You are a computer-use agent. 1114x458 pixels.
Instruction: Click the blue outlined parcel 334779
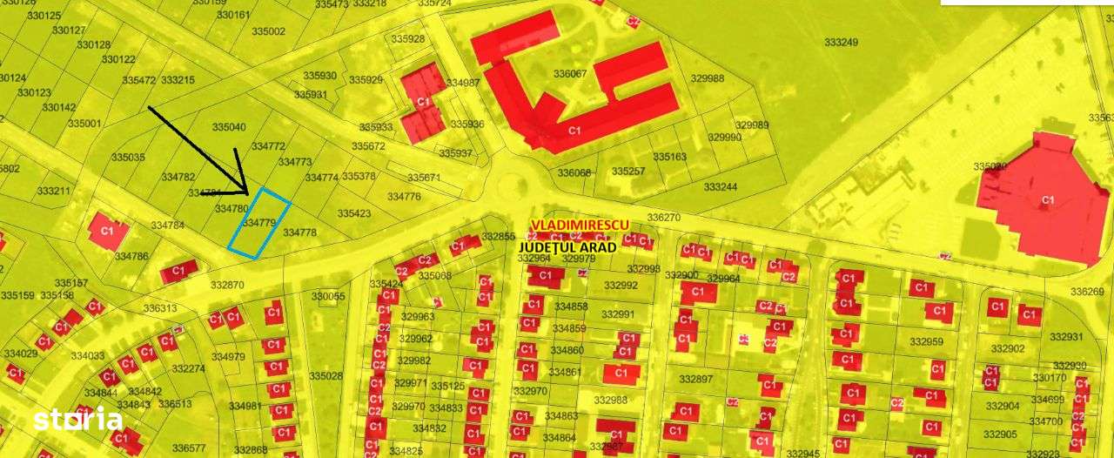(x=259, y=223)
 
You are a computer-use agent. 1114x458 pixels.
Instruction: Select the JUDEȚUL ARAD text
(x=567, y=246)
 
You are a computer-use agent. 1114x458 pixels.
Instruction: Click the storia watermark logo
(x=78, y=421)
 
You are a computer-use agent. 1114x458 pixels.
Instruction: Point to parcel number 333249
(x=841, y=42)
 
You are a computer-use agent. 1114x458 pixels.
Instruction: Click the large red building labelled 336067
(x=570, y=74)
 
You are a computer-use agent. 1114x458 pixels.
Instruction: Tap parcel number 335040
(x=229, y=127)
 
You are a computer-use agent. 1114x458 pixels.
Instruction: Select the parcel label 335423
(x=354, y=213)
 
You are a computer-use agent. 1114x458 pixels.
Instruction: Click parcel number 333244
(x=721, y=187)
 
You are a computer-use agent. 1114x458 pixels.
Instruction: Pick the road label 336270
(x=665, y=217)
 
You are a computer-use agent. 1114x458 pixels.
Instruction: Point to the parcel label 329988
(x=707, y=78)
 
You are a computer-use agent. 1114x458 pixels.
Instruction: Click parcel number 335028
(x=326, y=376)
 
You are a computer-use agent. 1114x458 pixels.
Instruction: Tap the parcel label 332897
(x=695, y=379)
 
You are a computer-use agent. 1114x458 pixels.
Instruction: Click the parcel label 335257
(x=627, y=172)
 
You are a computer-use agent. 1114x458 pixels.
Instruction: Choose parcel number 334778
(x=300, y=232)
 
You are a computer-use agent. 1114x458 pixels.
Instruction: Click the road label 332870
(x=227, y=285)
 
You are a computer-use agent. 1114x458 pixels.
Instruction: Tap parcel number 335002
(x=268, y=31)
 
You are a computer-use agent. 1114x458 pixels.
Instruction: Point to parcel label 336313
(x=160, y=308)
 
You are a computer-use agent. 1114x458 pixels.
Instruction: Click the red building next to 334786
(x=108, y=232)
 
